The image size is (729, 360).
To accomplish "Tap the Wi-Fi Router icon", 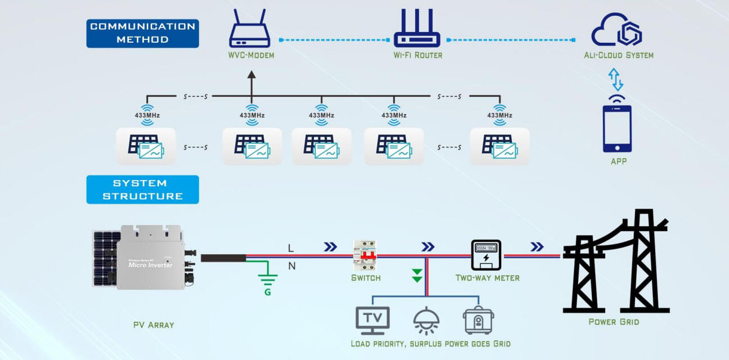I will point(417,29).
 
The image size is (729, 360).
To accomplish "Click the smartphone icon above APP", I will point(617,129).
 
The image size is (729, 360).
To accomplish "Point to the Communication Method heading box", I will point(142,33).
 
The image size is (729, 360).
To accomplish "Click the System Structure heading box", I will point(142,189).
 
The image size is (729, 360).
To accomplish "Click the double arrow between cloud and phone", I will point(617,79).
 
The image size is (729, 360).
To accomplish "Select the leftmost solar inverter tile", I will point(146,146).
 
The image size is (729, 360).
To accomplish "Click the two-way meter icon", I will point(485,255).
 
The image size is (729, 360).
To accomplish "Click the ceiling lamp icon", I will point(426,321).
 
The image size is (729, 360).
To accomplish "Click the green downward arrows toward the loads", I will point(417,275).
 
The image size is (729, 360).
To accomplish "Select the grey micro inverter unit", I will point(150,258).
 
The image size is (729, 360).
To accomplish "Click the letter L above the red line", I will point(291,248).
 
